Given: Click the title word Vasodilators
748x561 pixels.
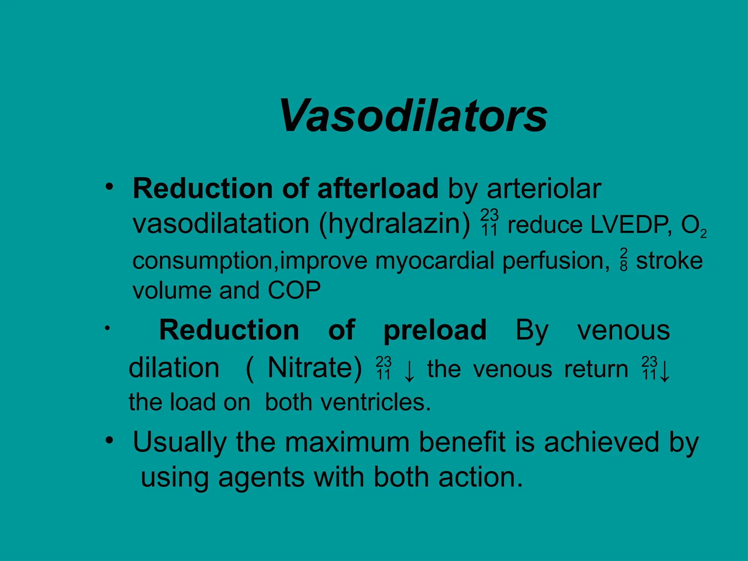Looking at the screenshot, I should (x=413, y=116).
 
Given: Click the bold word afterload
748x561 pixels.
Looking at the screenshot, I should (x=378, y=189).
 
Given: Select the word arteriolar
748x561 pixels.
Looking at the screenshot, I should (x=544, y=189).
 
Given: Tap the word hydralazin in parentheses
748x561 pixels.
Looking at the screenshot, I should (x=395, y=224).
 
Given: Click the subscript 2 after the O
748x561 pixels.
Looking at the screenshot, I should (x=703, y=234).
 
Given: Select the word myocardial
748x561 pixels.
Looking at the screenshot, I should (x=435, y=261).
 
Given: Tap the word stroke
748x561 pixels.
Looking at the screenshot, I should (x=669, y=261).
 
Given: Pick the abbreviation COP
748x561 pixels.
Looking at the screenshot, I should (x=294, y=290).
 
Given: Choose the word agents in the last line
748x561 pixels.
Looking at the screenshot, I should (x=261, y=477).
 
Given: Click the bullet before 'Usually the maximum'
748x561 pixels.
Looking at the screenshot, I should (x=109, y=441).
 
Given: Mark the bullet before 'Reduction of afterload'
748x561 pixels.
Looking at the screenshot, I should (x=109, y=187).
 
